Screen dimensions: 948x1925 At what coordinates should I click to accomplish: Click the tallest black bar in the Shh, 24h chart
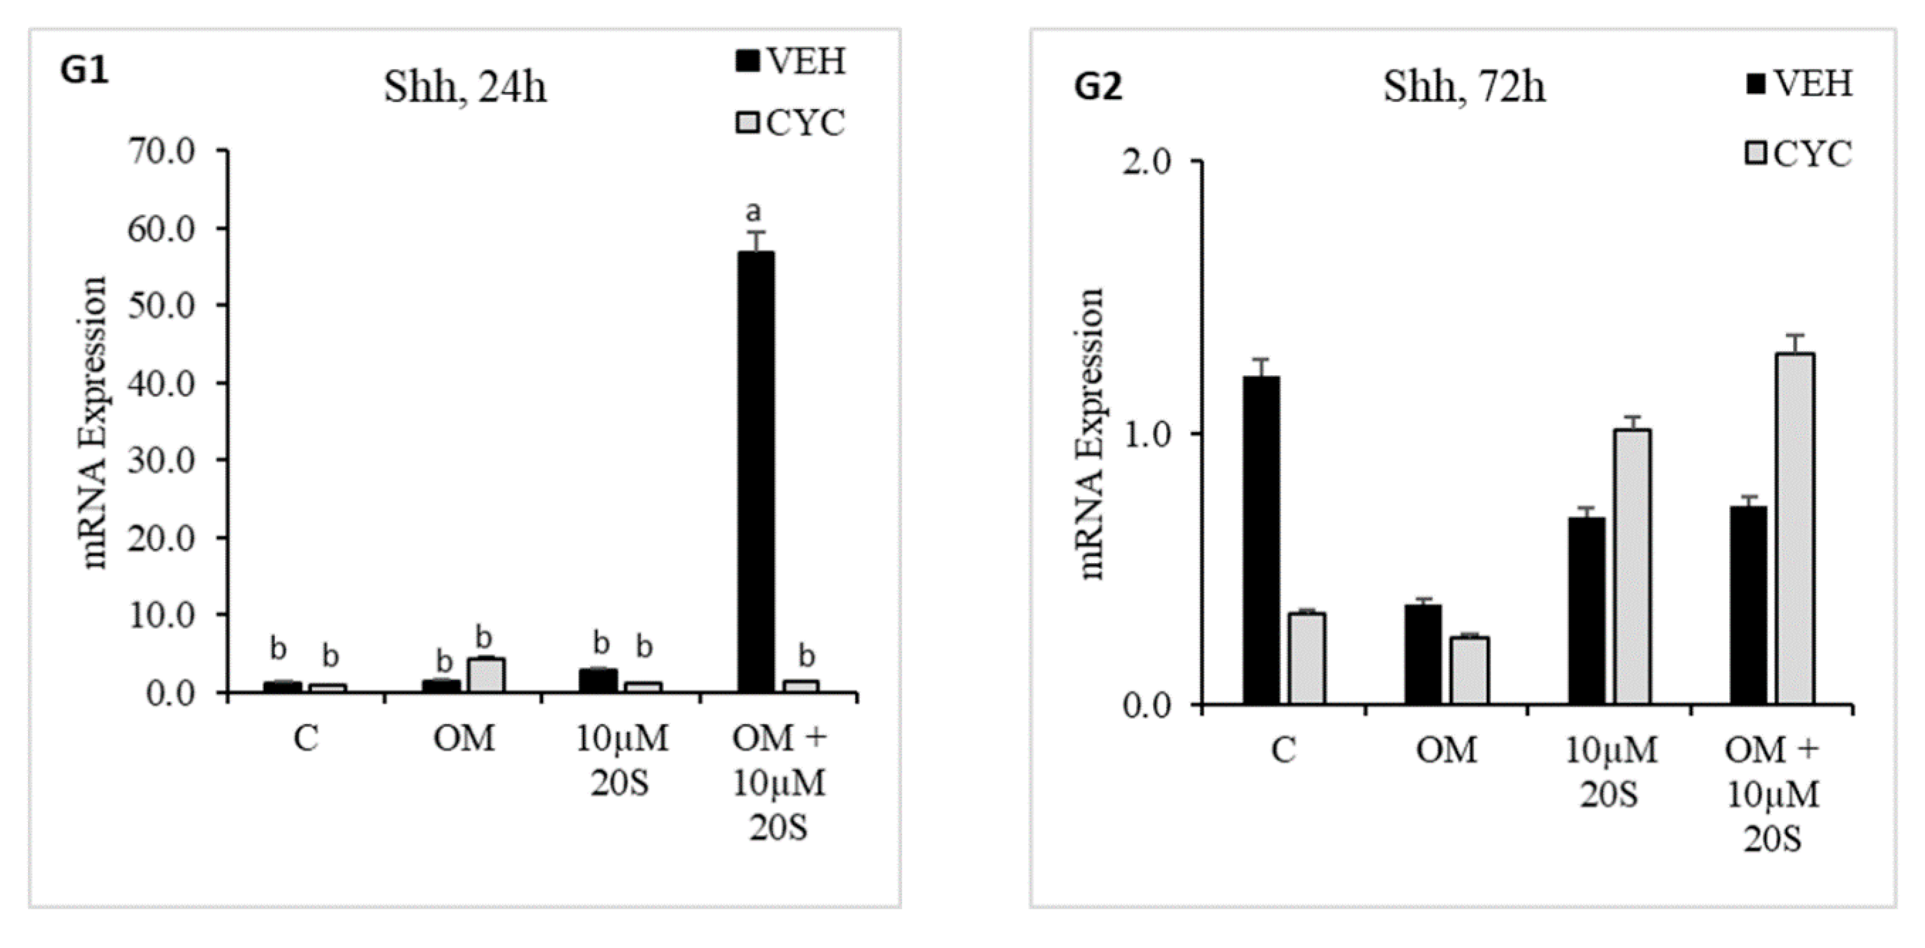click(755, 471)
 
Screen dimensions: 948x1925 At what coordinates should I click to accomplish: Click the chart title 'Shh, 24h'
click(465, 88)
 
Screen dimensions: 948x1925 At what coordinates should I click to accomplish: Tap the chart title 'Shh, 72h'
click(1464, 87)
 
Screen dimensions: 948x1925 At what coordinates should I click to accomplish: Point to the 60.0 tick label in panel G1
click(161, 228)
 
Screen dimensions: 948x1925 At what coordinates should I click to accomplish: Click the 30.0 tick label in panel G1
click(161, 460)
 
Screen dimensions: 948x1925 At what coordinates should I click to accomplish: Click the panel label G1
click(84, 71)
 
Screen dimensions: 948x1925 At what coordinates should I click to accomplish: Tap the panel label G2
click(1098, 87)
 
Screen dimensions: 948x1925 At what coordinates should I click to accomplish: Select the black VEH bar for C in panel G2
click(1262, 540)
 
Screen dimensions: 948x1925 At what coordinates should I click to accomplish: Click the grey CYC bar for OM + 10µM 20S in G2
click(1796, 529)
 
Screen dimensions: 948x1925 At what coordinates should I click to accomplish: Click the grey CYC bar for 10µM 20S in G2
click(1633, 567)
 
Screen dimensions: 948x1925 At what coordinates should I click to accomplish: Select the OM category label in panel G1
click(464, 739)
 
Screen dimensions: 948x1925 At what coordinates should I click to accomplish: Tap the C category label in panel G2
click(1283, 750)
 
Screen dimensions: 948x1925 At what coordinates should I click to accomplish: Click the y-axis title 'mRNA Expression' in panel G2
click(1092, 433)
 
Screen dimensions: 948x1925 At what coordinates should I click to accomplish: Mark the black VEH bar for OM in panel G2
click(1423, 654)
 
